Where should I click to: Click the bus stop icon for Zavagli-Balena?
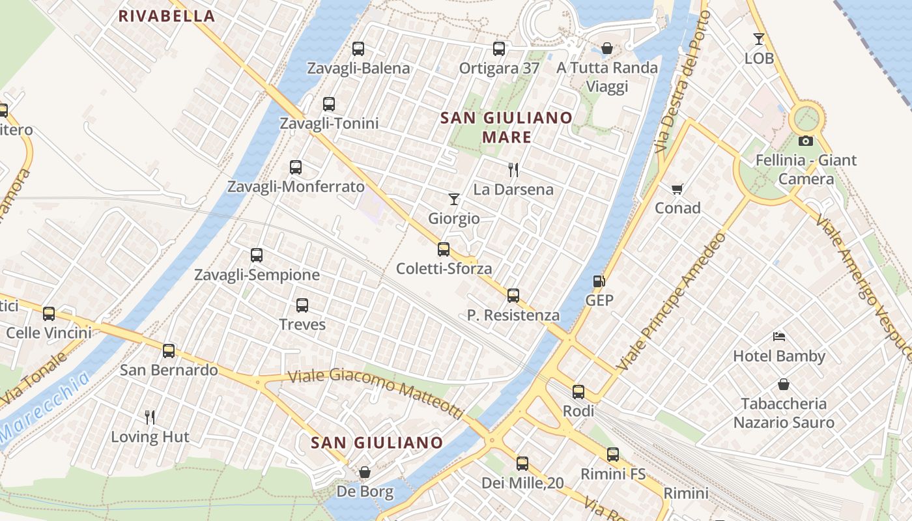358,48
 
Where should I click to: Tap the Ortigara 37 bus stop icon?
499,48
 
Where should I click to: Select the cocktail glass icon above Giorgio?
454,199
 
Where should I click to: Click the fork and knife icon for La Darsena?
513,170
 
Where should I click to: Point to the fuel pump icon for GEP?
599,281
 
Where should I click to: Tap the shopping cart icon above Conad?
677,189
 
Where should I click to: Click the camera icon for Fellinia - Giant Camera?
806,141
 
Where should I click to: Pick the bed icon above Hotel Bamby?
779,337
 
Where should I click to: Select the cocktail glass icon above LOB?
759,39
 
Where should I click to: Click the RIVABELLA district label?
166,17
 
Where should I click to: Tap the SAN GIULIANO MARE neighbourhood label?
507,128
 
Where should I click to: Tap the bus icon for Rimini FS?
612,455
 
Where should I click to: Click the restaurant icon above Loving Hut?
150,417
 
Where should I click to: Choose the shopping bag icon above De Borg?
365,472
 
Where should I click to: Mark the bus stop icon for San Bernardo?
169,351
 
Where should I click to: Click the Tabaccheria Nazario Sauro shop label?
784,413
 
